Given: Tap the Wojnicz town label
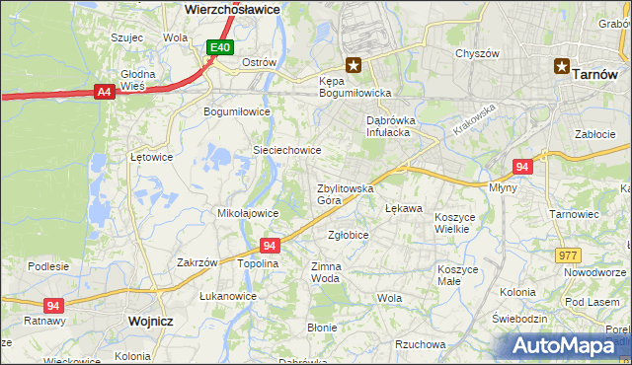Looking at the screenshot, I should point(150,322).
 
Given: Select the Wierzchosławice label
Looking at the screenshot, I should point(233,8).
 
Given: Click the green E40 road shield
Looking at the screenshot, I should point(220,47).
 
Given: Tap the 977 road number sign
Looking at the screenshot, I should point(568,255).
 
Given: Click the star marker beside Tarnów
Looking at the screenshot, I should point(562,67).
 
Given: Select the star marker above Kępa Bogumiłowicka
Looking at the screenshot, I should point(353,66).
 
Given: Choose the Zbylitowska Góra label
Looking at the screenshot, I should point(344,193).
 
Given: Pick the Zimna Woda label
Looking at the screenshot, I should point(326,272).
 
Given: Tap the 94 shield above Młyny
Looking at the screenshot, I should point(523,168).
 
